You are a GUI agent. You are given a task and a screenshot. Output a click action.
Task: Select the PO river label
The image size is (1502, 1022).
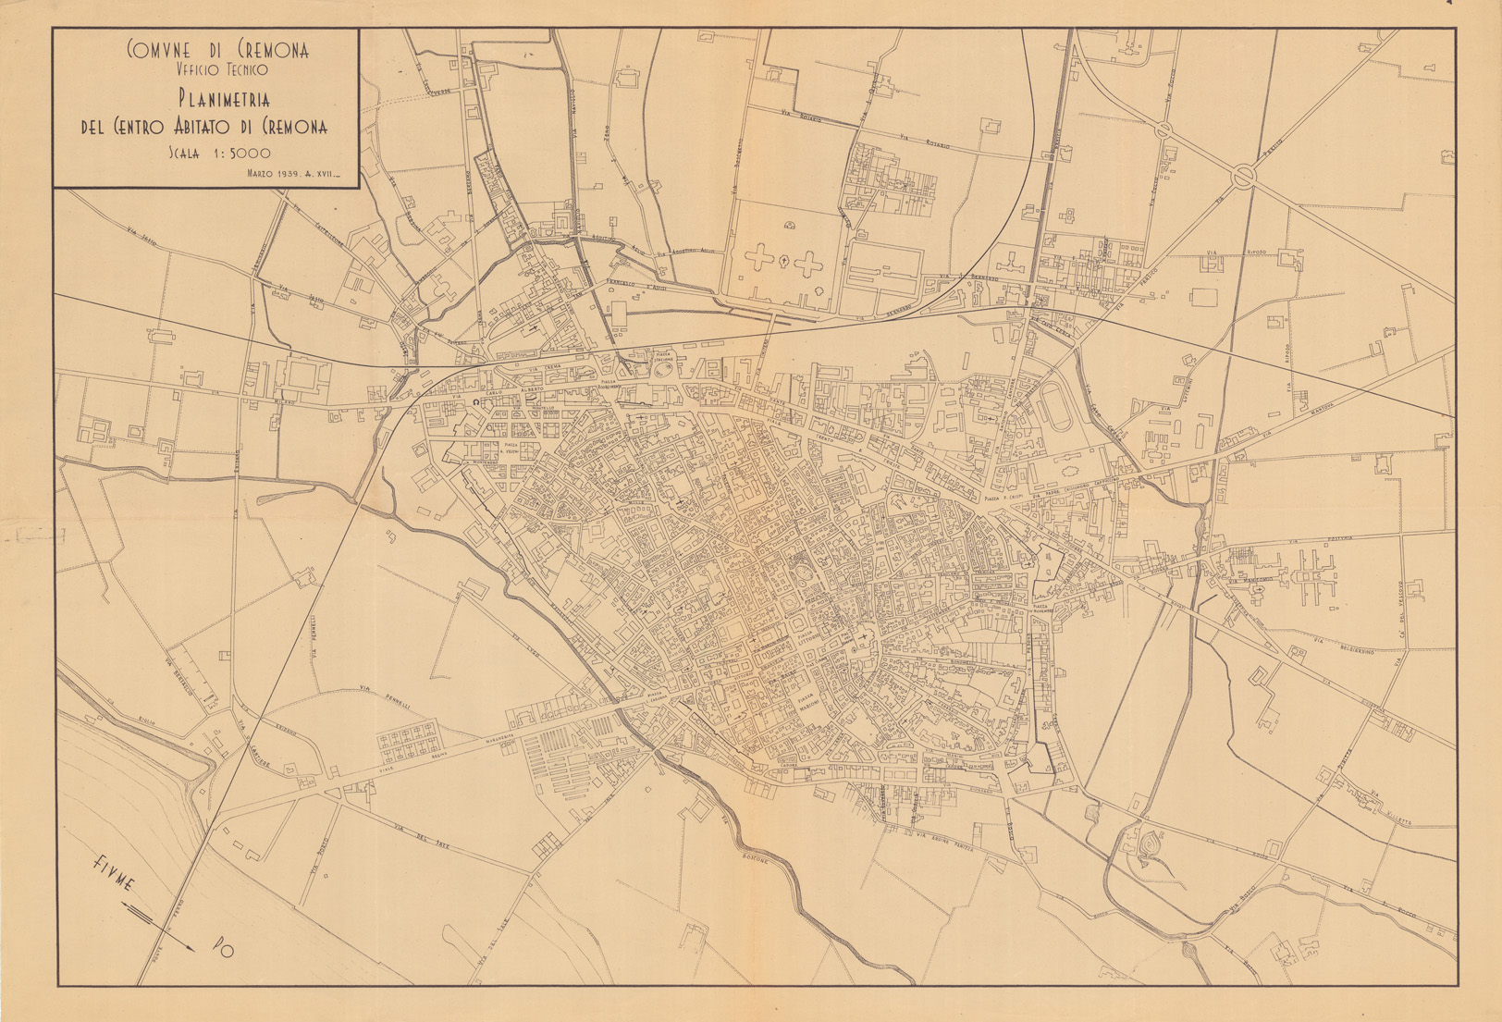pos(223,947)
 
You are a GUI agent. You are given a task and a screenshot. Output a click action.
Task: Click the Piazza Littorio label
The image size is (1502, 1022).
pos(796,635)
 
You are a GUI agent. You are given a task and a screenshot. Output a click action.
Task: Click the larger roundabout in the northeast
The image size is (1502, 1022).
pos(1242,173)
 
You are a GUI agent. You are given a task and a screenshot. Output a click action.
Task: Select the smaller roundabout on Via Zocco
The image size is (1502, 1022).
pos(1164,129)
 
